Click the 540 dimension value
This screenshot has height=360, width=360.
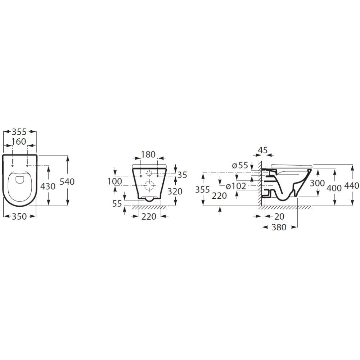coord(67,182)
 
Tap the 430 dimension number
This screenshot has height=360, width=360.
coord(48,186)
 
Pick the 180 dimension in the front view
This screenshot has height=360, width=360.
coord(148,154)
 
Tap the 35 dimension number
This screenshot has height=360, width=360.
coord(183,175)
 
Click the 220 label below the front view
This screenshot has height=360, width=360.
coord(149,217)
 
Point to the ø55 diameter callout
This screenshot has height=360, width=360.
coord(240,166)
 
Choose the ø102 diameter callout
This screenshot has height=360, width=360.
coord(236,186)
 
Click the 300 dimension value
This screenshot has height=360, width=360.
coord(318,183)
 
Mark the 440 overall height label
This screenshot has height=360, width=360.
coord(352,186)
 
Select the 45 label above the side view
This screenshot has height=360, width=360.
coord(263,150)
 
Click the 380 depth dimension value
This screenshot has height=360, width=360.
coord(279,228)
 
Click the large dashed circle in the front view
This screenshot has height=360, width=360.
coord(149,186)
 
